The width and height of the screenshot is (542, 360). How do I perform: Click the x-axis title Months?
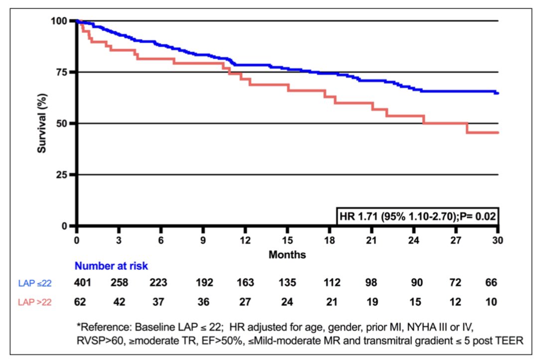coord(287,254)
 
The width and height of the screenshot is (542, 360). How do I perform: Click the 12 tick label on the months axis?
coord(245,240)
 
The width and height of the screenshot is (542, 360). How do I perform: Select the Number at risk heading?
coord(111,266)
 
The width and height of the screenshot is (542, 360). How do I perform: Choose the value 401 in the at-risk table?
coord(83,283)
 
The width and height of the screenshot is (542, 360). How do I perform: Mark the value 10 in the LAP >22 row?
coord(492,301)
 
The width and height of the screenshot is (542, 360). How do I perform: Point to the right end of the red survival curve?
coord(498,132)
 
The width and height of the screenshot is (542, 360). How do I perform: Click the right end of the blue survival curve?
coord(498,93)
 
